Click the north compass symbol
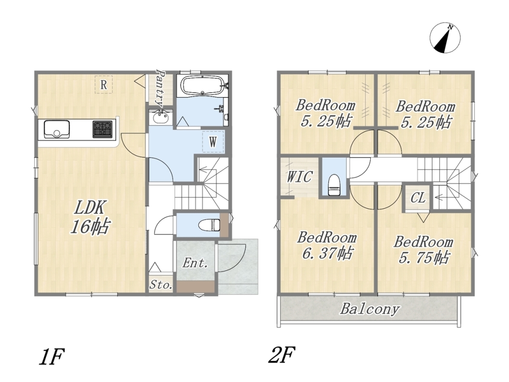point(445,37)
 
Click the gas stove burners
point(103,129)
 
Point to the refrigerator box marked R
point(104,85)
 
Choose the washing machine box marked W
point(213,142)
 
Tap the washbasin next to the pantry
point(160,117)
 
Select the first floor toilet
point(209,224)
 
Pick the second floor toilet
point(334,185)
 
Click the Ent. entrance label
point(195,263)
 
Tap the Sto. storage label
point(161,285)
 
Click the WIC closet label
point(299,177)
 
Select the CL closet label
point(417,197)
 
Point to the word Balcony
point(370,309)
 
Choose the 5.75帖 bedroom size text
point(424,257)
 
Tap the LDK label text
point(90,208)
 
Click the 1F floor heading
point(51,357)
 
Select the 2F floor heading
point(281,355)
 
